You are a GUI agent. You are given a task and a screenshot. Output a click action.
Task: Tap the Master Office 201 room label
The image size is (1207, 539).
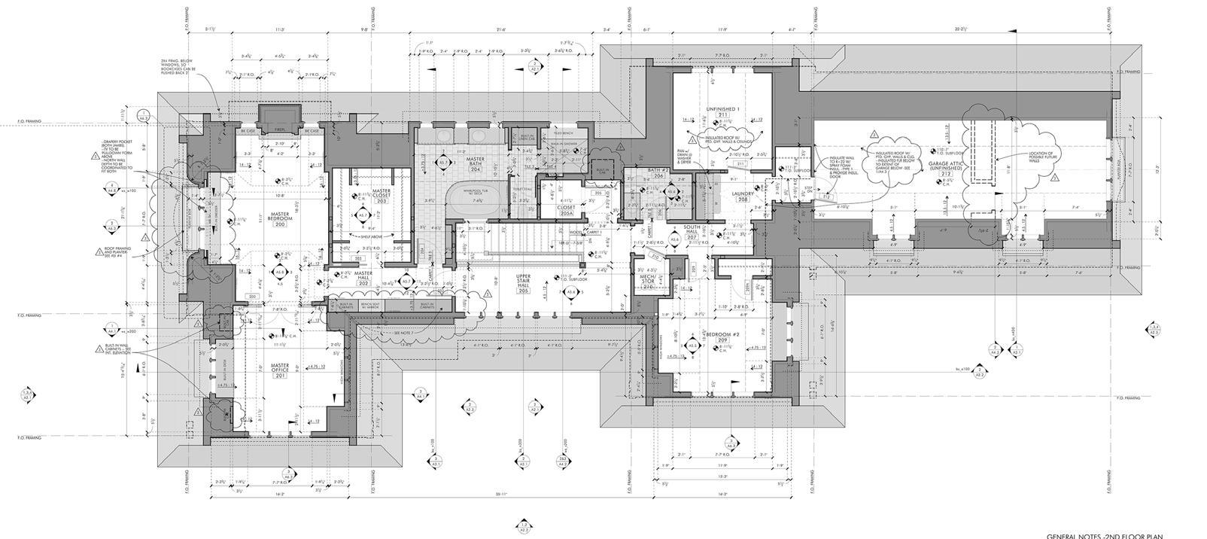point(280,371)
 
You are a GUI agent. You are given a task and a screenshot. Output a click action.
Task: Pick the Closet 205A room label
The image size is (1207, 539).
point(566,209)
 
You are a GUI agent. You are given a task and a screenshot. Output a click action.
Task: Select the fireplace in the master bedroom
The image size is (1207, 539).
point(280,117)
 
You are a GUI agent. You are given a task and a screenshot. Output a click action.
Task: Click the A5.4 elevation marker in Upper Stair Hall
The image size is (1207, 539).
point(570,292)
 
